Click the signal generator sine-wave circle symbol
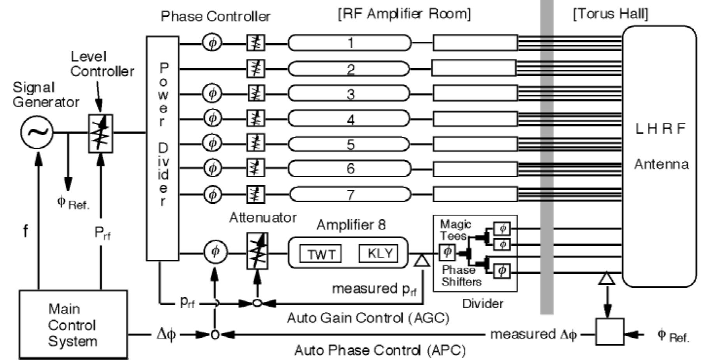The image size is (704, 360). click(37, 132)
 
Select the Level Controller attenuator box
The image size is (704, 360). click(100, 133)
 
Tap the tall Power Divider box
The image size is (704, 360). click(162, 148)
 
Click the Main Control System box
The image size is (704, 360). click(73, 325)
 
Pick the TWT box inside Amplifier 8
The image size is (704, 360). click(320, 254)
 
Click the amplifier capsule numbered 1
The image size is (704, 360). click(350, 42)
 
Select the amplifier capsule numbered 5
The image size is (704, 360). click(350, 144)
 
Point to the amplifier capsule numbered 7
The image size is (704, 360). click(350, 194)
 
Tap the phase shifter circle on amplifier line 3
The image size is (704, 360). click(212, 94)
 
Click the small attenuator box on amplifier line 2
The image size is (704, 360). click(256, 69)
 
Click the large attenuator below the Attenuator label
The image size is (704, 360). click(257, 251)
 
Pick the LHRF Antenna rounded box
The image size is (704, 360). click(659, 156)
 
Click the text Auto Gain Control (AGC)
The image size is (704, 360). click(368, 318)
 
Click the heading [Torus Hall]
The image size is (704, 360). click(610, 14)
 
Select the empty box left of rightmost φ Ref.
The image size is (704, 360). click(610, 332)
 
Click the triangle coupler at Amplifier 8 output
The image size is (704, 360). click(421, 260)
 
